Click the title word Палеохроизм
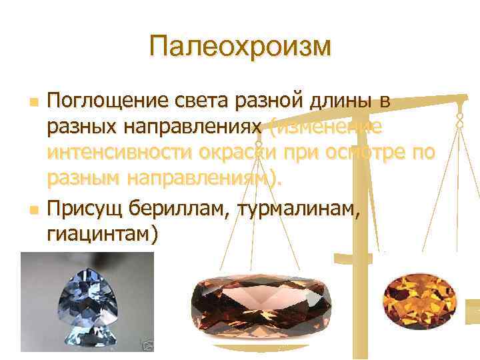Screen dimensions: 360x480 tap(240, 46)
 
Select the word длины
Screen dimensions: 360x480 tap(339, 101)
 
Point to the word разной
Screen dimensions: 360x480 tap(265, 101)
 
